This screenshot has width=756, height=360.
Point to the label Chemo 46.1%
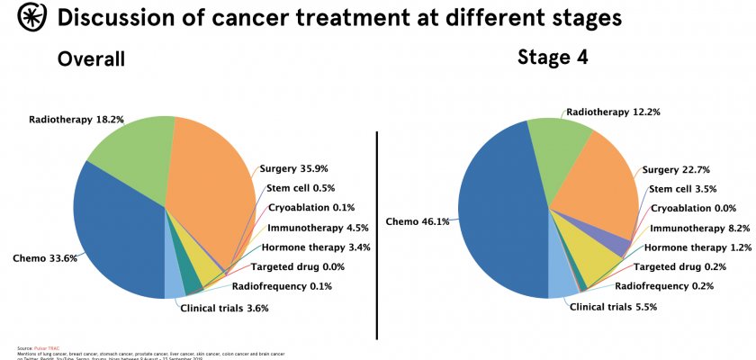(x=417, y=220)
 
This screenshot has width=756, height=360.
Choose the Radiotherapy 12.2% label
(x=601, y=112)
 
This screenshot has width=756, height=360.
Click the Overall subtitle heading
(x=91, y=59)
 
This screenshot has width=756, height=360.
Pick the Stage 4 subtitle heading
(x=552, y=58)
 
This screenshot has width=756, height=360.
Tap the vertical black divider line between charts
(x=376, y=225)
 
